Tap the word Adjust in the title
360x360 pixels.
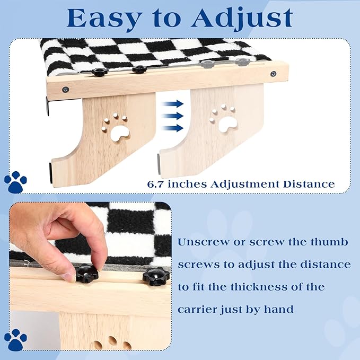(x=242, y=19)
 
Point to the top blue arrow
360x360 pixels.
(x=173, y=103)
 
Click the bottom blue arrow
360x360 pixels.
(x=173, y=128)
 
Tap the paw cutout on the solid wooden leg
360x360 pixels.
(x=116, y=128)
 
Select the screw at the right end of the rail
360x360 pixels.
(x=273, y=74)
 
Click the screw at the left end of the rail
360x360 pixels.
(x=65, y=89)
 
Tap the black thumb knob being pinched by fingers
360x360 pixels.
(x=87, y=274)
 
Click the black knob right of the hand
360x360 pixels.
(x=156, y=276)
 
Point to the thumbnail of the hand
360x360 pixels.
(x=69, y=276)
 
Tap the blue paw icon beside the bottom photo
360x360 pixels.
(x=15, y=340)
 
